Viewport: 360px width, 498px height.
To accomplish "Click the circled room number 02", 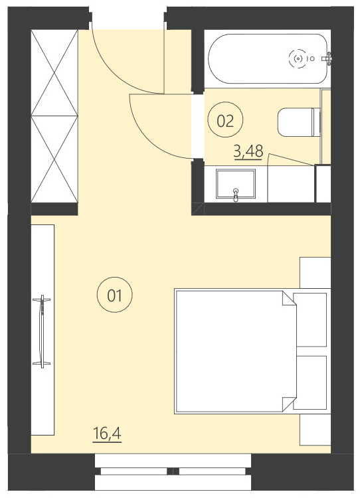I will (226, 120).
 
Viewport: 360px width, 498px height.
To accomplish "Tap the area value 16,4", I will (107, 435).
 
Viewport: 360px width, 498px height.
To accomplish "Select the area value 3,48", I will (248, 152).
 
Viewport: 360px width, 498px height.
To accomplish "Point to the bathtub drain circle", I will (298, 59).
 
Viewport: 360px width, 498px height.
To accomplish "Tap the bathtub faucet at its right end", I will (325, 59).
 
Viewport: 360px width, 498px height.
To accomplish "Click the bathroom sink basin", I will (235, 183).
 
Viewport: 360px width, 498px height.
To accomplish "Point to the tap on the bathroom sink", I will (236, 194).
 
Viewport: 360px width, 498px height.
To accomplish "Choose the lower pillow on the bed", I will (311, 383).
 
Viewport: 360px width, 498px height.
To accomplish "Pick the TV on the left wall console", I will (43, 331).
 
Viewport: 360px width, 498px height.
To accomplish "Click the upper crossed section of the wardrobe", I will (55, 72).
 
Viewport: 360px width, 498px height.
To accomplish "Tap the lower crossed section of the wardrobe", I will (55, 159).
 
